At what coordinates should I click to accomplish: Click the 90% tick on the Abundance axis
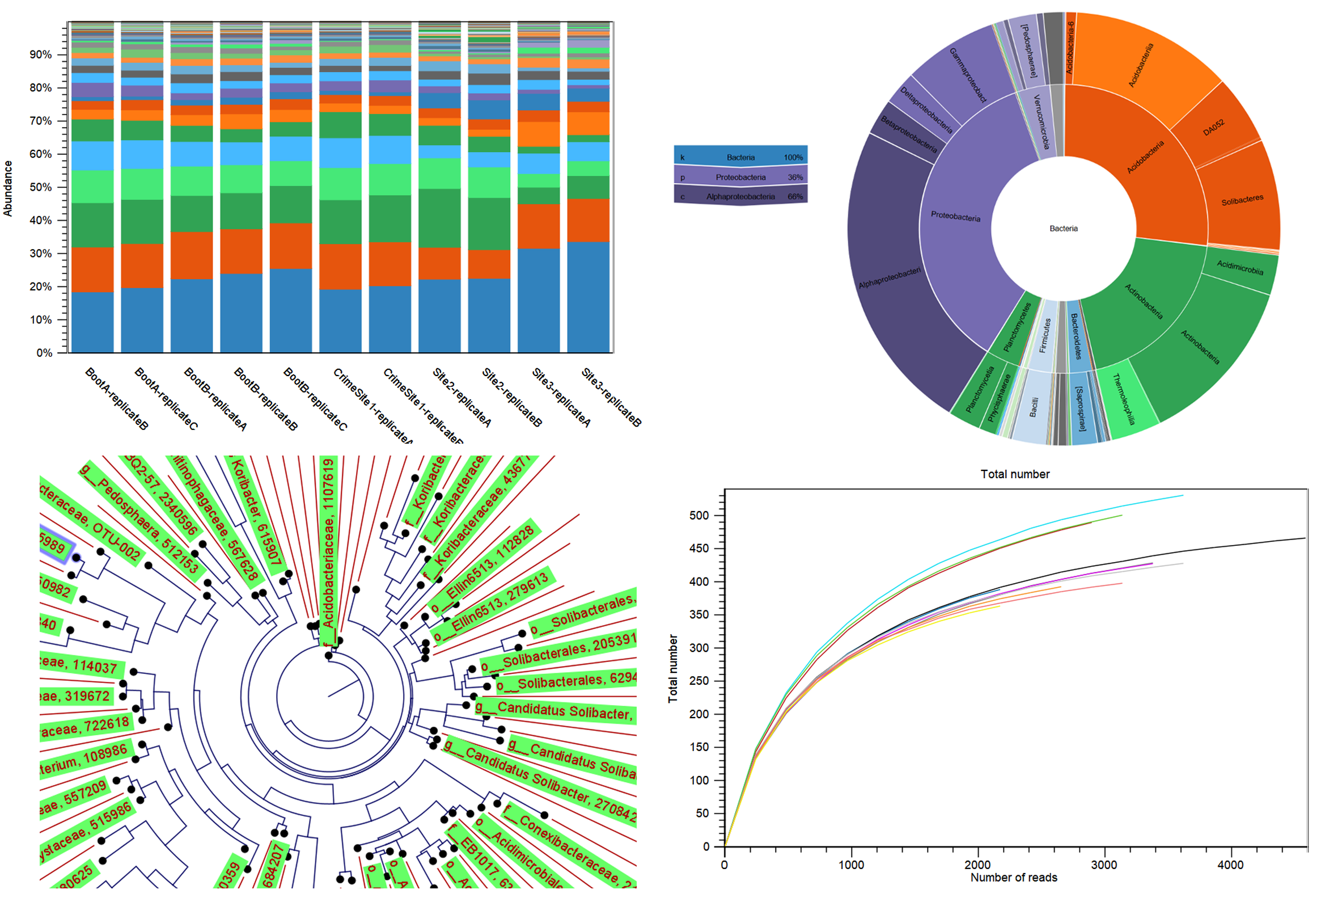[x=41, y=54]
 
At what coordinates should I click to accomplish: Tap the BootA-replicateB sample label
[x=117, y=398]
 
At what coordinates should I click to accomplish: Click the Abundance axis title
[x=8, y=188]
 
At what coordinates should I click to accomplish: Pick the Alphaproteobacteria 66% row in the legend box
[x=740, y=197]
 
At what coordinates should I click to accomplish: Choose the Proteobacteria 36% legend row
[x=740, y=178]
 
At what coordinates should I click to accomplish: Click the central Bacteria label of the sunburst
[x=1063, y=229]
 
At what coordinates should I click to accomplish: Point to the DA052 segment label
[x=1213, y=129]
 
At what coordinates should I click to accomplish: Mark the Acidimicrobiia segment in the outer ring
[x=1240, y=267]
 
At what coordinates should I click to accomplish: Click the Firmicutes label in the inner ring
[x=1045, y=335]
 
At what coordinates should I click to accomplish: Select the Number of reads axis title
[x=1014, y=878]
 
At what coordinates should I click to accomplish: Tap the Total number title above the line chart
[x=1015, y=474]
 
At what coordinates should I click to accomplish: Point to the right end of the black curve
[x=1304, y=538]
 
